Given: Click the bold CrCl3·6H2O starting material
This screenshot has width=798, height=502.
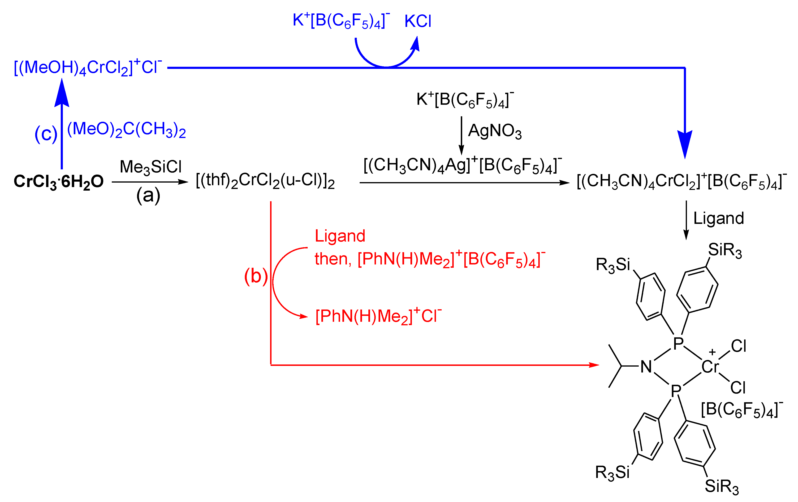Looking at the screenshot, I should point(59,181).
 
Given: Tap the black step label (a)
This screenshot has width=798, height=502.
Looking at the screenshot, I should point(148,195).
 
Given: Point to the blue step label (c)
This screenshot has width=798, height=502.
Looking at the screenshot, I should point(46,134).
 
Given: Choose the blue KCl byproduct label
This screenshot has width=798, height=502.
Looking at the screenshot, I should point(418,21).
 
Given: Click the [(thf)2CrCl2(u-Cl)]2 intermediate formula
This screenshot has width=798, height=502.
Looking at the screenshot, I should point(265,181).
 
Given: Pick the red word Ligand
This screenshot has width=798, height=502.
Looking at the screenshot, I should point(340,236).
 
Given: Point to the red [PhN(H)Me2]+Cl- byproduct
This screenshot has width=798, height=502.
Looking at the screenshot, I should point(378,316).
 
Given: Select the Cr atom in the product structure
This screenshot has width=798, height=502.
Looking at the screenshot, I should point(710,367).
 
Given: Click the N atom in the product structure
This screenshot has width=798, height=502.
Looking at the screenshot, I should point(646,367).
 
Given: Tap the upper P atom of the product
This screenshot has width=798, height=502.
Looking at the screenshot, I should point(678,343).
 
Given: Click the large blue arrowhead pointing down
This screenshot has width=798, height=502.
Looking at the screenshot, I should point(685,144).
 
